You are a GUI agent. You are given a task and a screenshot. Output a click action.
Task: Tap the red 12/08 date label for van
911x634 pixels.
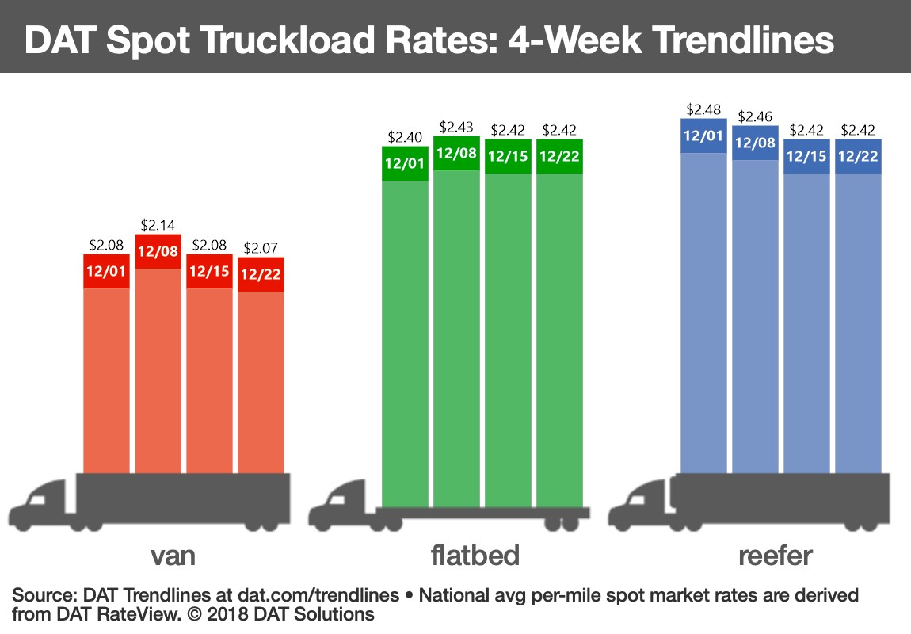(x=158, y=252)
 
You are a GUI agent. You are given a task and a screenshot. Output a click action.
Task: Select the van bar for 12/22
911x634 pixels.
(x=261, y=380)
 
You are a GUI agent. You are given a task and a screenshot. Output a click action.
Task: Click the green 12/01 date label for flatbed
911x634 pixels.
(x=405, y=164)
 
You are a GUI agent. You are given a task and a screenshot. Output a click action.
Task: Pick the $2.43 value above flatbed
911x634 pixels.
(x=456, y=127)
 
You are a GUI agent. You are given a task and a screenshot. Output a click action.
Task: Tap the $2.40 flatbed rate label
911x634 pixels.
(x=405, y=137)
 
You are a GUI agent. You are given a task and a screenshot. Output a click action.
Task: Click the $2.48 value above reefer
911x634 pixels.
(x=703, y=109)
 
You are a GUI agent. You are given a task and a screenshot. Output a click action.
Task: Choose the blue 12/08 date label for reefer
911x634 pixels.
(x=755, y=143)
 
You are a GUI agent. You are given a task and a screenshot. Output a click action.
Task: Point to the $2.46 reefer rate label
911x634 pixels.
(x=755, y=116)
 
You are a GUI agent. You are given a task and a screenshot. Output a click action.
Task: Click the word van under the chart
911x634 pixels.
(x=173, y=556)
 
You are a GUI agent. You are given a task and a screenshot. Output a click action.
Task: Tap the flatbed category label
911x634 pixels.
(x=475, y=556)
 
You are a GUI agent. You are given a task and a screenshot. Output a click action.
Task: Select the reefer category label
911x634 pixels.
(x=775, y=556)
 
